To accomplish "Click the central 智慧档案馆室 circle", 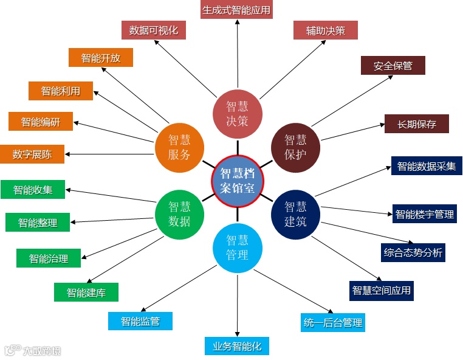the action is pyautogui.click(x=238, y=181).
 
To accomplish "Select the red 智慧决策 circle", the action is pyautogui.click(x=238, y=112).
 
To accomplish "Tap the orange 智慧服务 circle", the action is pyautogui.click(x=179, y=147).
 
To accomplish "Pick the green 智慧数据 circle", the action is pyautogui.click(x=179, y=214).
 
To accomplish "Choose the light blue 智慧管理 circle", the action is pyautogui.click(x=238, y=248).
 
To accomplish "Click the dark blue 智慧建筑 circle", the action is pyautogui.click(x=296, y=214).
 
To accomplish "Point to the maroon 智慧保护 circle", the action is pyautogui.click(x=296, y=147).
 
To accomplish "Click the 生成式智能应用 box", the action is pyautogui.click(x=236, y=10).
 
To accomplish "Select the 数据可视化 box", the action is pyautogui.click(x=154, y=30).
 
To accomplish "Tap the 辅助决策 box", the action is pyautogui.click(x=326, y=30).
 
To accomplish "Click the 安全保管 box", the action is pyautogui.click(x=393, y=66).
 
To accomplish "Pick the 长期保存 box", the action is pyautogui.click(x=417, y=123).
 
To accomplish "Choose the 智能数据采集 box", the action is pyautogui.click(x=427, y=165).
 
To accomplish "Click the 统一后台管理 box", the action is pyautogui.click(x=332, y=322).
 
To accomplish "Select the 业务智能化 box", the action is pyautogui.click(x=237, y=345).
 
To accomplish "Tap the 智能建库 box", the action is pyautogui.click(x=86, y=292).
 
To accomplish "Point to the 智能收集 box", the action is pyautogui.click(x=33, y=190).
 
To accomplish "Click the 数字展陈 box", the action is pyautogui.click(x=32, y=154).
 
